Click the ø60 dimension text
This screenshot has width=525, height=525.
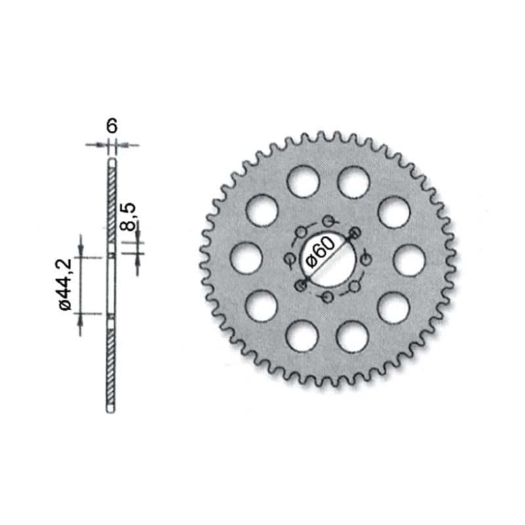(320, 253)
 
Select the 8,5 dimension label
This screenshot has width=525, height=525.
(129, 217)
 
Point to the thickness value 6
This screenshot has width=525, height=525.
(112, 126)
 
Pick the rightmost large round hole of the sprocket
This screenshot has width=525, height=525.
(409, 260)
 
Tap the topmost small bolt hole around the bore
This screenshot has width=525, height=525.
(328, 222)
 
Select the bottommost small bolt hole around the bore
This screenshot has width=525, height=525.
(327, 298)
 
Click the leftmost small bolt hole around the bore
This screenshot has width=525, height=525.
(289, 260)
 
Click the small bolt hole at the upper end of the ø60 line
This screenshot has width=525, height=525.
(355, 232)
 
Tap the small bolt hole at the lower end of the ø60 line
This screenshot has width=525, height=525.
(301, 285)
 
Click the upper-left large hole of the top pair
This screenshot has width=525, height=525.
(303, 181)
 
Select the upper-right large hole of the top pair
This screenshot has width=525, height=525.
(353, 181)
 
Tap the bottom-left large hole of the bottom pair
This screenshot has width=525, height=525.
(303, 335)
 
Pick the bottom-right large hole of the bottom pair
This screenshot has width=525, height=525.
(353, 335)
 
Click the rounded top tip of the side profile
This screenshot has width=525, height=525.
(112, 160)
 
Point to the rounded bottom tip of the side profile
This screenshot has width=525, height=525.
(112, 411)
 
